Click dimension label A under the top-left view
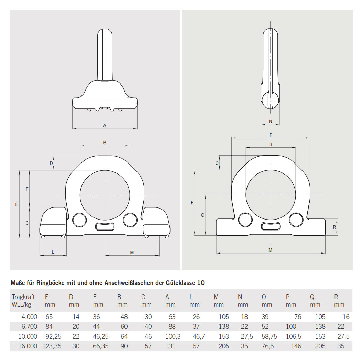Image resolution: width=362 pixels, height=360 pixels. click(x=105, y=125)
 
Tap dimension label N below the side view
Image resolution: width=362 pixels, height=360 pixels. click(x=270, y=121)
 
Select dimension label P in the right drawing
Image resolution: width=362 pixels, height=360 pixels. click(x=271, y=135)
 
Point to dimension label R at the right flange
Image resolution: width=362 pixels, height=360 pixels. click(x=334, y=227)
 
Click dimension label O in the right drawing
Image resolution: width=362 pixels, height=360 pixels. click(x=202, y=215)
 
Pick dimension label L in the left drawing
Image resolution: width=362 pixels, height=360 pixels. click(x=53, y=252)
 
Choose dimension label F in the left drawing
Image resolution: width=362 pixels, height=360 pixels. click(x=27, y=189)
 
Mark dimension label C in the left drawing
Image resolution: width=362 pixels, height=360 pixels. click(x=27, y=223)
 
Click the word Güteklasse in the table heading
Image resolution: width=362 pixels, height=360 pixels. click(x=180, y=283)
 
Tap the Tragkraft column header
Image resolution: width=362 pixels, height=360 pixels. click(x=23, y=297)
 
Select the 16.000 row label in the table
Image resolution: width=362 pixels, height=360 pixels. click(x=24, y=346)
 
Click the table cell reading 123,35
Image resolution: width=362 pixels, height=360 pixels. click(x=52, y=346)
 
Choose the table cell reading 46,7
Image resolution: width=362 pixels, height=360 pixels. click(x=197, y=336)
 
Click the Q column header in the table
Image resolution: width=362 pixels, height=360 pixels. click(x=312, y=297)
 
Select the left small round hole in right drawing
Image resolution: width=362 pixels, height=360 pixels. click(x=245, y=220)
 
